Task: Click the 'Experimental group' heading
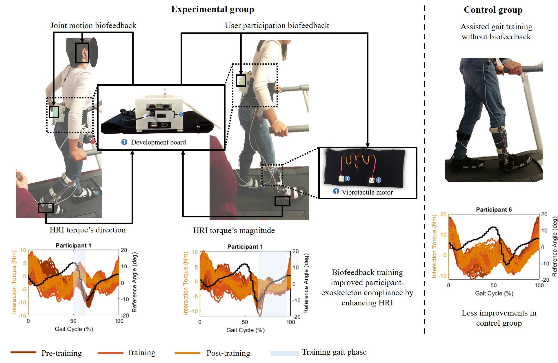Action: point(212,9)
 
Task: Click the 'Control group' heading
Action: point(493,10)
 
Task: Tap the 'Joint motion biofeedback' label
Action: point(93,25)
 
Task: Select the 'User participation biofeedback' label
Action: point(277,25)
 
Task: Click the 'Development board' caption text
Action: point(158,142)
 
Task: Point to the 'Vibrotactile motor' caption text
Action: point(367,192)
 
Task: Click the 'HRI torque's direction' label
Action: point(88,230)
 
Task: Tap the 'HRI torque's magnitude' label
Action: point(234,230)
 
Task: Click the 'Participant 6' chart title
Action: point(494,210)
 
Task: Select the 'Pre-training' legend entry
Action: point(61,353)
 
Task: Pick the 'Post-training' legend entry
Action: point(228,353)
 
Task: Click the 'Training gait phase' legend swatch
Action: point(284,353)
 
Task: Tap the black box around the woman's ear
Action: point(82,53)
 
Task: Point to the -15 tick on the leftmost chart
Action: point(22,315)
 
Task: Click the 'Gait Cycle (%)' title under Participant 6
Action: point(494,293)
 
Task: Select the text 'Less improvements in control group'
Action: point(499,318)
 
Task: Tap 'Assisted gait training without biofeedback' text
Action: point(496,32)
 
